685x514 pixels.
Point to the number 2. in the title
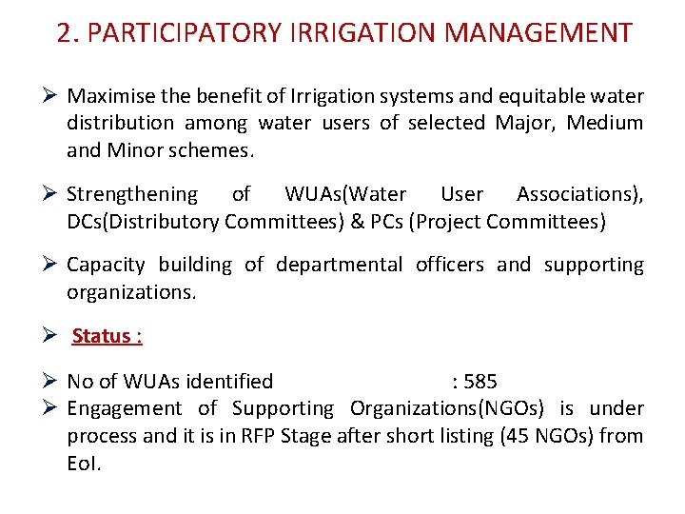coord(68,33)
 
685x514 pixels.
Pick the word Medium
coord(608,123)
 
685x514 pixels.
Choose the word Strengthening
coord(132,195)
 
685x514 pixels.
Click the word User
coord(461,195)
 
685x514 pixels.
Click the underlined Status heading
coord(107,336)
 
